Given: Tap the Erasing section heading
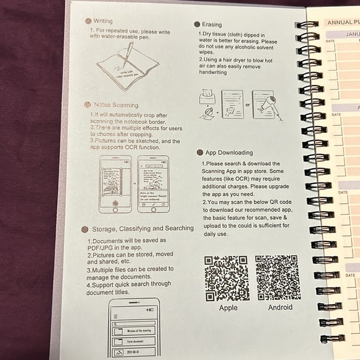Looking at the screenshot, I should coord(212,24).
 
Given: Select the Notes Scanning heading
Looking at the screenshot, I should coord(116,106).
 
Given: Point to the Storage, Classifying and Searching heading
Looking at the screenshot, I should coord(143,228).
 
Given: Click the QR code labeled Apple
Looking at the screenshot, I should coord(227,277).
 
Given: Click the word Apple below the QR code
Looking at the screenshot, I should coord(228,308).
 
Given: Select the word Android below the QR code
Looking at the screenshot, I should coord(280,307).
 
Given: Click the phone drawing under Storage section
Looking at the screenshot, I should coord(133,329).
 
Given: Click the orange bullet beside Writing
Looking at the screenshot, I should coord(89,21).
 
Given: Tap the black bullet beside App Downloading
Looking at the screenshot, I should coord(200,152).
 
